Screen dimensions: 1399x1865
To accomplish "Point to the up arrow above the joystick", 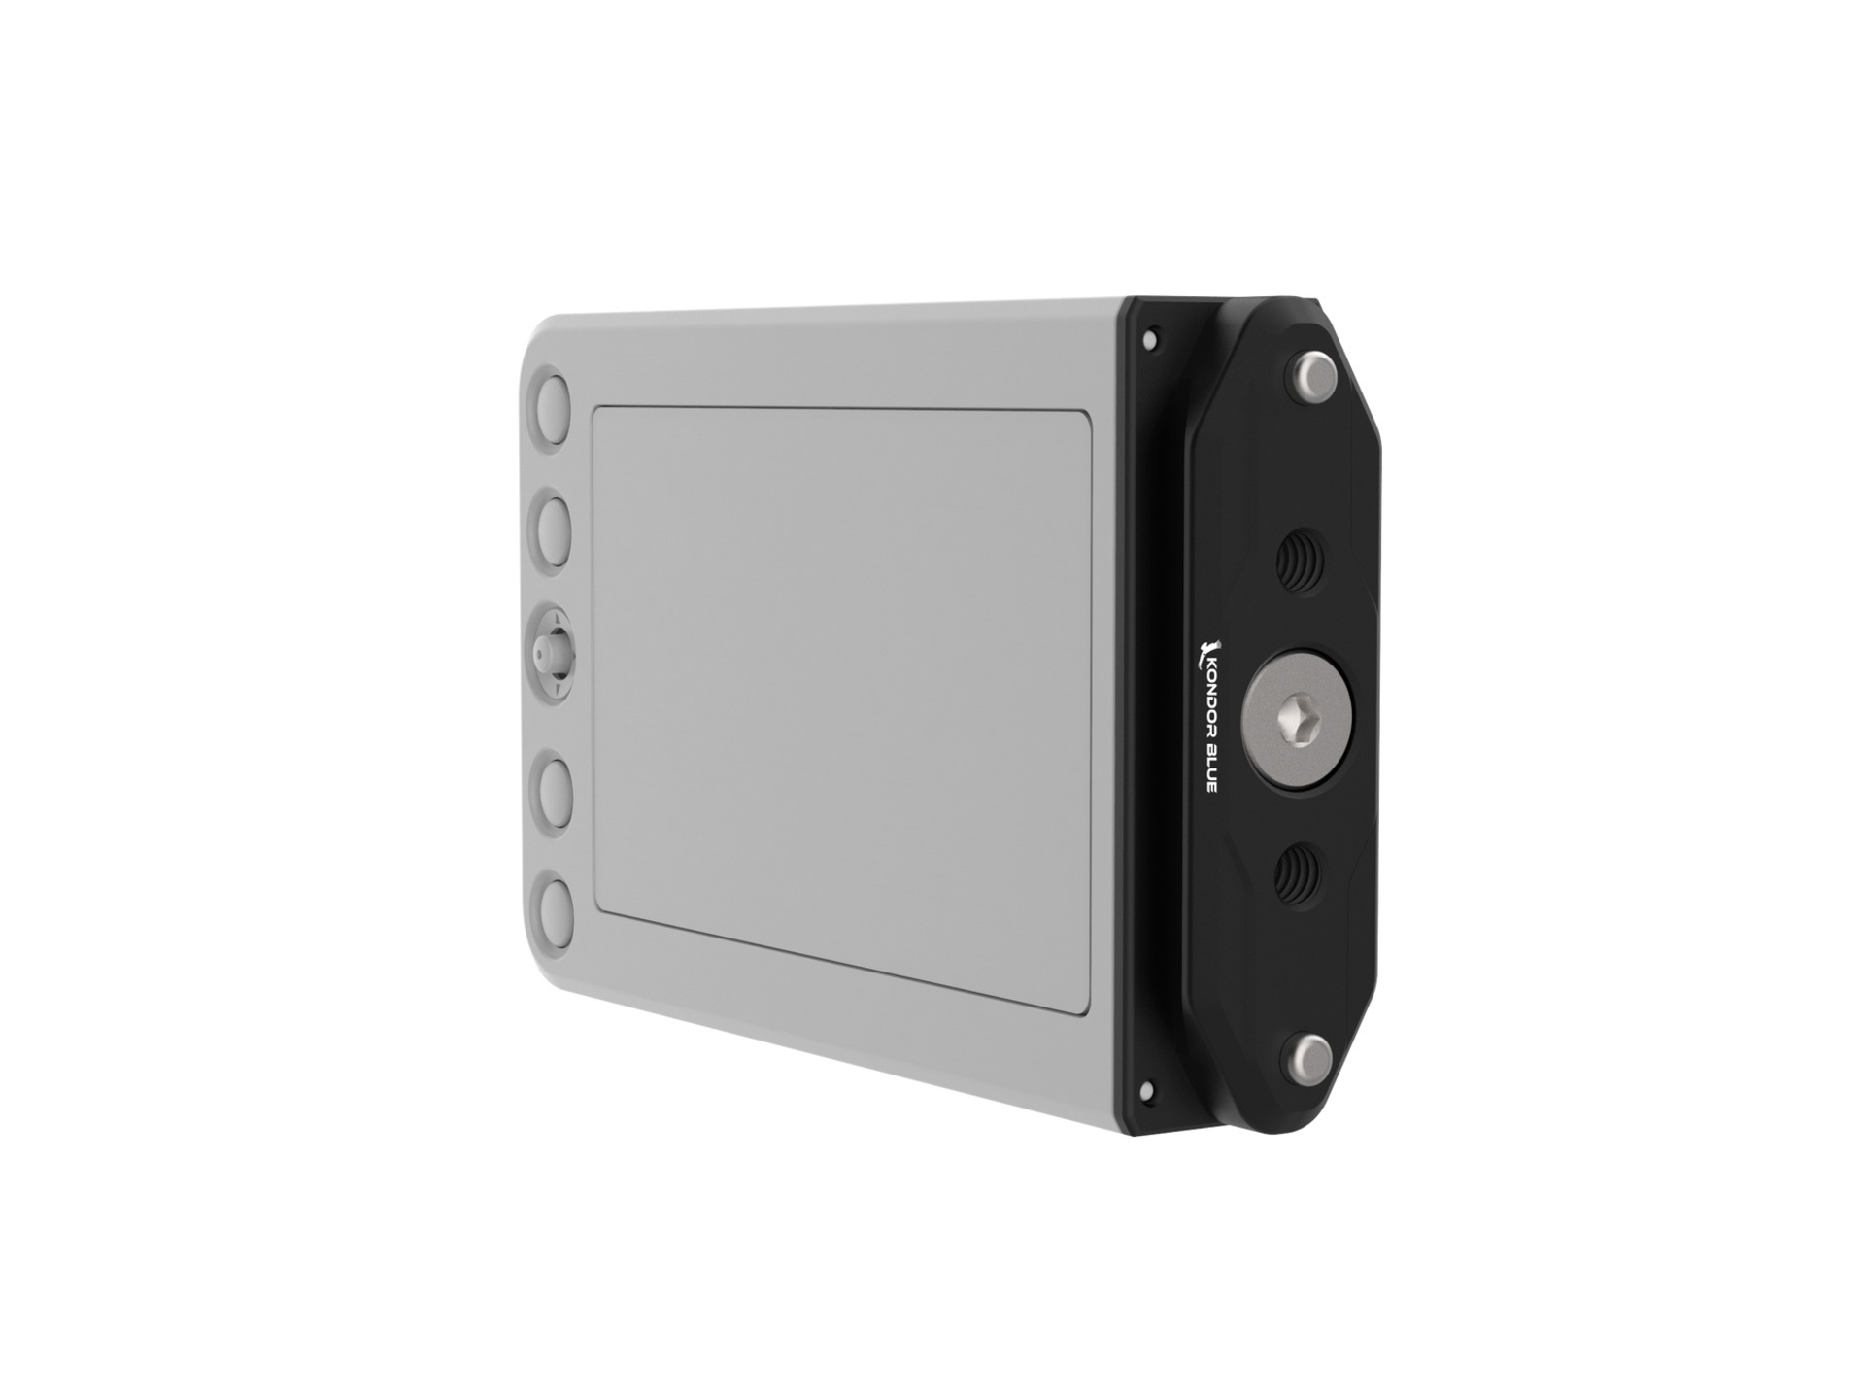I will click(x=550, y=614).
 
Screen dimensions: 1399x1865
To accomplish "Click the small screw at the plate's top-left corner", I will click(x=1151, y=340).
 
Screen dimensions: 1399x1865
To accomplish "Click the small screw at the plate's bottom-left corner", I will click(x=1150, y=1086).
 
